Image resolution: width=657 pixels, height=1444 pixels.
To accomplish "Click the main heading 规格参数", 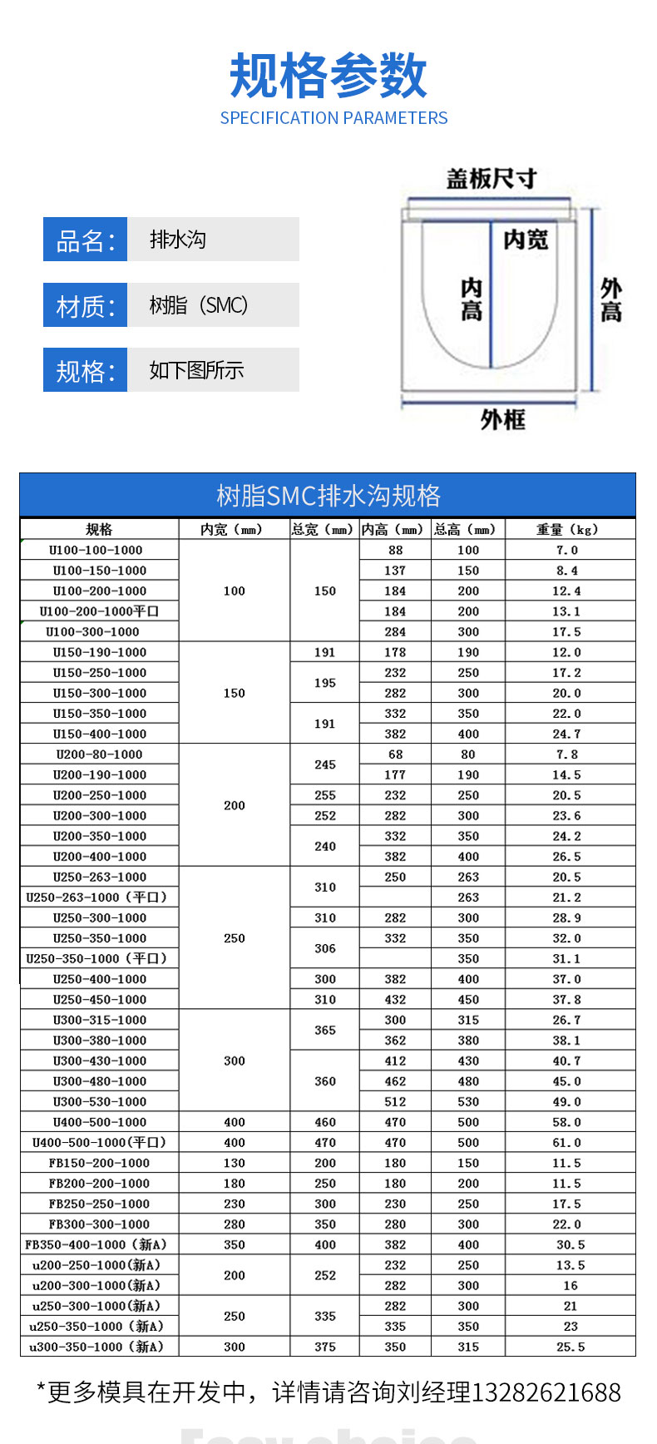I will tap(328, 76).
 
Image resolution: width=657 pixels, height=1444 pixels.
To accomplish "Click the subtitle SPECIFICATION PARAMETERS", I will tap(333, 118).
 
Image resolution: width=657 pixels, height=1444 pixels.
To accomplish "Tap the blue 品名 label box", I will tap(85, 240).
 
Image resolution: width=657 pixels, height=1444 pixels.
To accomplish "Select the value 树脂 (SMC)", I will tap(199, 305).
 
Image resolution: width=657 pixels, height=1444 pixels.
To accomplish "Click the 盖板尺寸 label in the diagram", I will tap(491, 179).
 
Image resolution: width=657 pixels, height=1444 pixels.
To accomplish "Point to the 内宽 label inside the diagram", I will tap(526, 240).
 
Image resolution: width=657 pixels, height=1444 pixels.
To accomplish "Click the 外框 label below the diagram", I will tap(502, 419).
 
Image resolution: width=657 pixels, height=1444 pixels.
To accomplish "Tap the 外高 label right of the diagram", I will tap(610, 300).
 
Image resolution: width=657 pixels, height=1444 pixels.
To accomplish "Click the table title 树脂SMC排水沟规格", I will tap(328, 496).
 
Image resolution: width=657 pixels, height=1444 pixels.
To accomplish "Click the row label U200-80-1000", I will tap(99, 754).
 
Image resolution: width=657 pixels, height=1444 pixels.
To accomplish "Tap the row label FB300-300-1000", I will tap(99, 1224).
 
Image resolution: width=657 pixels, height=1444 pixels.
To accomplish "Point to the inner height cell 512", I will tap(395, 1101).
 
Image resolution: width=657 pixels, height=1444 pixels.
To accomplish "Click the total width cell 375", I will tap(325, 1347).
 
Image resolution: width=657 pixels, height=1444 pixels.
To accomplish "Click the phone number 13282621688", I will tap(546, 1392).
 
